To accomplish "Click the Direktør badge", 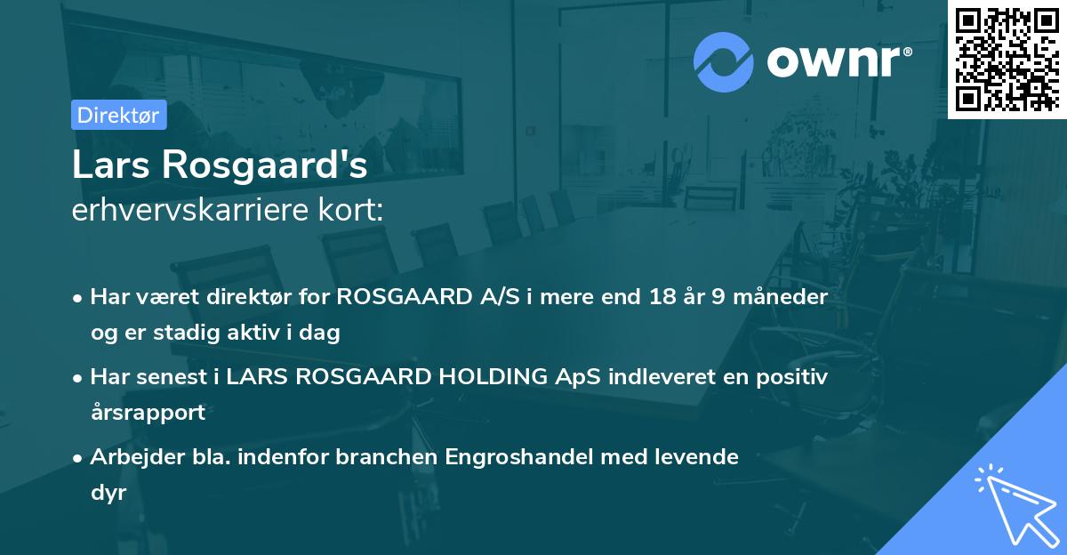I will click(118, 115).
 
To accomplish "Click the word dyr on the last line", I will click(108, 493).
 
